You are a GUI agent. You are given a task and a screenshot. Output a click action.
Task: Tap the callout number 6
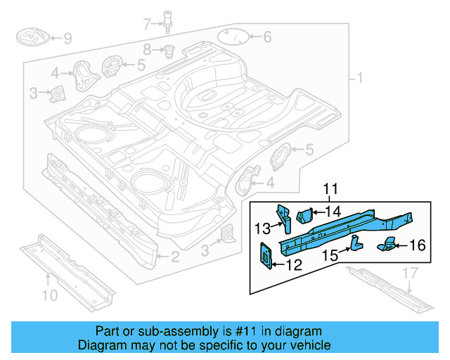click(x=266, y=37)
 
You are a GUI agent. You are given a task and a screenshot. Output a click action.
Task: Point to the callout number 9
click(x=67, y=38)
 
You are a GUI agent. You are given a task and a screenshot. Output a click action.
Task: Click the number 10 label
click(x=49, y=295)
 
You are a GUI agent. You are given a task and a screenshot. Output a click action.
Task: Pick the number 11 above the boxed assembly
click(x=330, y=188)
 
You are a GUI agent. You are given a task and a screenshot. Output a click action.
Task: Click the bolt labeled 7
click(x=168, y=20)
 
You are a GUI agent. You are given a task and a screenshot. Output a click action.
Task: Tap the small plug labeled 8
click(x=169, y=51)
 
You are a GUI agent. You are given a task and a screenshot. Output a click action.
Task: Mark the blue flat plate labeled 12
click(x=267, y=255)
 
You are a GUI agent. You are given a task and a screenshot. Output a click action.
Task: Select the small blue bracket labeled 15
click(x=355, y=243)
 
